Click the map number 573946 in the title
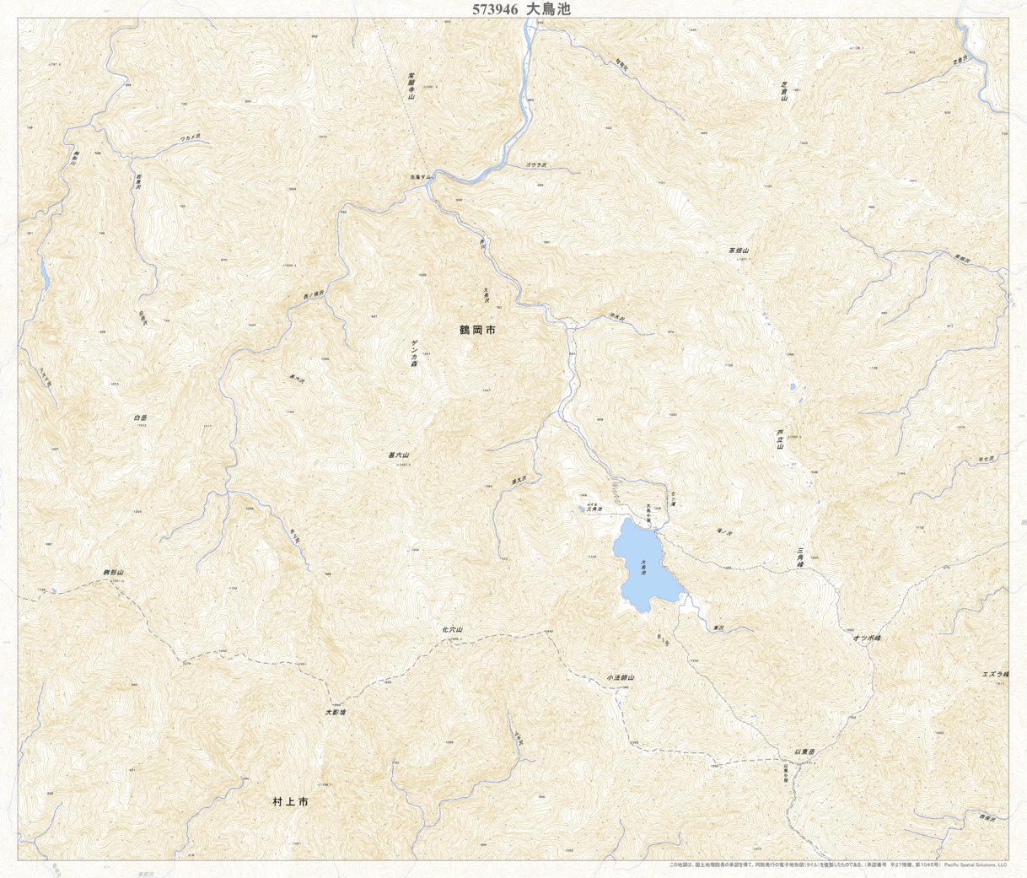(x=496, y=9)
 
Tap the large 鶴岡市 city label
(x=477, y=330)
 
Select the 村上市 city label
(x=291, y=802)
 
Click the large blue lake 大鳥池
(x=644, y=565)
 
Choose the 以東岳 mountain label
(x=805, y=750)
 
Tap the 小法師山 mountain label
(x=620, y=678)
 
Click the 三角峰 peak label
(x=800, y=557)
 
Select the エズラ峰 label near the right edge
(x=995, y=674)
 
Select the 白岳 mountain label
(x=140, y=417)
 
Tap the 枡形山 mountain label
(x=114, y=573)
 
